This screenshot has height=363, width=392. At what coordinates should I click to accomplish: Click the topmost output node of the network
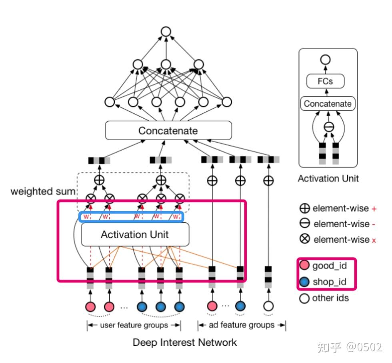pos(166,32)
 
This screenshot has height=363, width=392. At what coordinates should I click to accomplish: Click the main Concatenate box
pos(168,131)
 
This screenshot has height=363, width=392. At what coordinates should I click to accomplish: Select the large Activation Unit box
pos(135,234)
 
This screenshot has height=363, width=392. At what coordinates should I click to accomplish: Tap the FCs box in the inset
pos(325,81)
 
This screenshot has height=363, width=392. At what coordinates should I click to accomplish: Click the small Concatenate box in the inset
pos(328,104)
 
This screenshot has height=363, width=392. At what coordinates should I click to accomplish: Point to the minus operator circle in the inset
pos(328,127)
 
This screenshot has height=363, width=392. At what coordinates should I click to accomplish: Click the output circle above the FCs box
pos(326,60)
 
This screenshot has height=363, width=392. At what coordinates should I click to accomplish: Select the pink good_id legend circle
pos(304,266)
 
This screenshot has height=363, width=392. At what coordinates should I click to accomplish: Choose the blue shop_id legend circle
pos(304,282)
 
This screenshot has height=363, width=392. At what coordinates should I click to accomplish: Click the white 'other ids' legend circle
pos(304,298)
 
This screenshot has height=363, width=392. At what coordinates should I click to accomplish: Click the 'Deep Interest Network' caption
pos(185,343)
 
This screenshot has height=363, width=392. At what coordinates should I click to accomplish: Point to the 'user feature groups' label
pos(134,325)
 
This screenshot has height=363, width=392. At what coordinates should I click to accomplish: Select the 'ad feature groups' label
pos(242,325)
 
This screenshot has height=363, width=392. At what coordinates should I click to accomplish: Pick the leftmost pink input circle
pos(91,307)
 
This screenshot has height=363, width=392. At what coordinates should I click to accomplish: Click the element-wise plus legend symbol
pos(305,208)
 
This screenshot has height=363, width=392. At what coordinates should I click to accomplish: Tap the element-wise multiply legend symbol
pos(305,240)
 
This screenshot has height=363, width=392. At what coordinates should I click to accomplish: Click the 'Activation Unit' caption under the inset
pos(328,179)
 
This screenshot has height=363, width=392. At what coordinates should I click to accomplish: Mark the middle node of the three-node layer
pos(166,64)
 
